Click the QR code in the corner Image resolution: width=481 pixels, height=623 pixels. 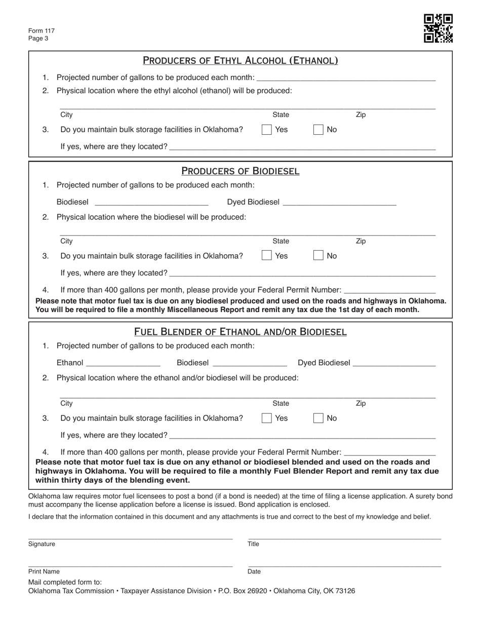click(x=438, y=28)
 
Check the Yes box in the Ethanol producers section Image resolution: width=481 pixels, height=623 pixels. click(x=266, y=130)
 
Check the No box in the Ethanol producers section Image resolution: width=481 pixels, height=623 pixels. click(x=318, y=130)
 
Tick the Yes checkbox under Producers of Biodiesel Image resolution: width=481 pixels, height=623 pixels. click(x=266, y=256)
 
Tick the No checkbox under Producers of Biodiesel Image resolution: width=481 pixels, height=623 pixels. click(x=318, y=256)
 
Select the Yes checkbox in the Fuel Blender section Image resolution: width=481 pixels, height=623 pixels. click(x=266, y=418)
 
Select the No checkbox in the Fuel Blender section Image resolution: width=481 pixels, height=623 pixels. click(x=318, y=418)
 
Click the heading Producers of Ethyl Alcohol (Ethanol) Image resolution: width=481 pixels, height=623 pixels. click(x=240, y=61)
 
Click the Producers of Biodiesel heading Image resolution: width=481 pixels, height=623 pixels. click(x=240, y=171)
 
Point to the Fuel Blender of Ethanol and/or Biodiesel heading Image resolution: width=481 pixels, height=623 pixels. click(x=240, y=332)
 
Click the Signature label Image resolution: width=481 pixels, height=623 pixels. click(x=42, y=544)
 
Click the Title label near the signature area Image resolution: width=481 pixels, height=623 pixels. click(x=253, y=544)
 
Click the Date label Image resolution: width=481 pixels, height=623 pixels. click(x=254, y=571)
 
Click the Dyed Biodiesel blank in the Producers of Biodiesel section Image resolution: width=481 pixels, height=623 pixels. click(x=339, y=202)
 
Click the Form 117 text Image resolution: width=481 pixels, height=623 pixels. click(x=42, y=31)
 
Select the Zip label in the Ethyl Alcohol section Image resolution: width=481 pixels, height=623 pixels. click(x=360, y=115)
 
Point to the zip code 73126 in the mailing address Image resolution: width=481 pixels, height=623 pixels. click(x=345, y=591)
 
